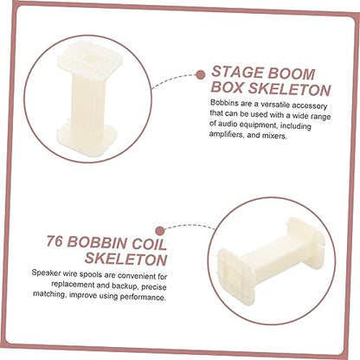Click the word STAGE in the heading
point(236,72)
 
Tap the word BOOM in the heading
point(291,74)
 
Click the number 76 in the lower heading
point(55,241)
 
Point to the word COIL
point(150,244)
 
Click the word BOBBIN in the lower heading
point(97,242)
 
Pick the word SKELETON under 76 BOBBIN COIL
point(126,259)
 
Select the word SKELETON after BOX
point(289,89)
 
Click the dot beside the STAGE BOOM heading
point(200,75)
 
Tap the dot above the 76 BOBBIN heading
point(159,231)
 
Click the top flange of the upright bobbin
point(90,59)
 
